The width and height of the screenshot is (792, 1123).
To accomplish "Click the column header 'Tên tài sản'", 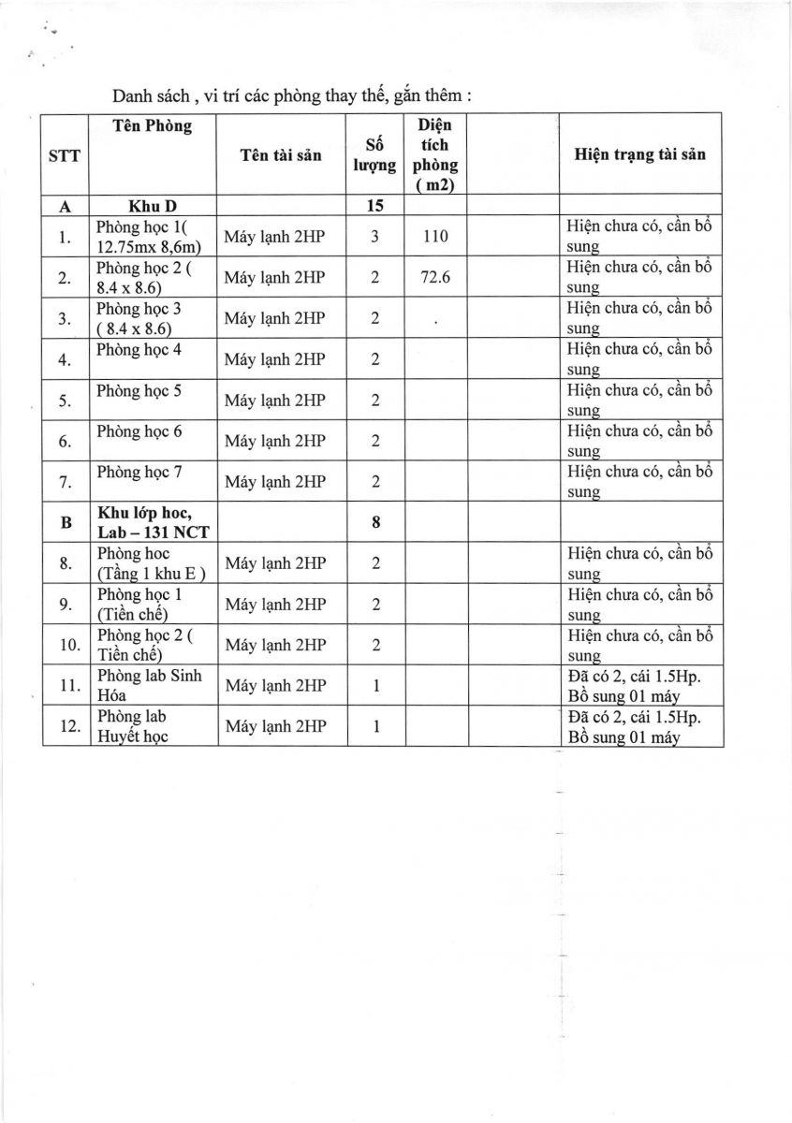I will coord(281,155).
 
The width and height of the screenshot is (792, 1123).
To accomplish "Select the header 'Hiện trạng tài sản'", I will coord(639,154).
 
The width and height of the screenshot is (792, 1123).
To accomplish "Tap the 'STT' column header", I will coord(64,156).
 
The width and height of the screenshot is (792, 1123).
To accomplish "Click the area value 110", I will coord(435,237).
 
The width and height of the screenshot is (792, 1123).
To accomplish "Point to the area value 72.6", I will coord(435,278).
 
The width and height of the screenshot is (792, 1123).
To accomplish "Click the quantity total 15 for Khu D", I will coord(374,206).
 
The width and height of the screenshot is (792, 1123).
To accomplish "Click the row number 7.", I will coord(65,482).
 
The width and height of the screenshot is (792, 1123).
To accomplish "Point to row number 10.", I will coord(66,646).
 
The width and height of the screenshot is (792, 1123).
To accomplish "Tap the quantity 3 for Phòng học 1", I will coord(374,237).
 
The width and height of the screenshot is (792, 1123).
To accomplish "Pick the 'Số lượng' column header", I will coord(374,155).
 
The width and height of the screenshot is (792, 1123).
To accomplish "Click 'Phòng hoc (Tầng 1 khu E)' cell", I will coord(151,563).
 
